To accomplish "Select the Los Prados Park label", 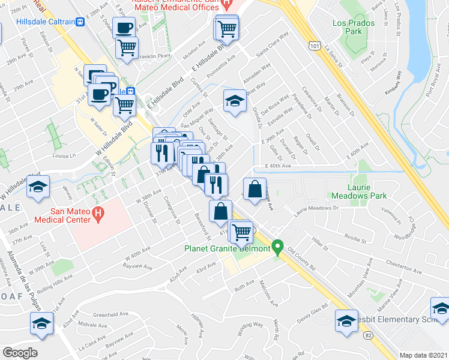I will (354, 27).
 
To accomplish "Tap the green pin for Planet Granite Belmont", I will (277, 247).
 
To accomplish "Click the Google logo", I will (20, 352).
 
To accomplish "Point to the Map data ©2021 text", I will (423, 355).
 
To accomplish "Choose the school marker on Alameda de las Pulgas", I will (41, 323).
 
